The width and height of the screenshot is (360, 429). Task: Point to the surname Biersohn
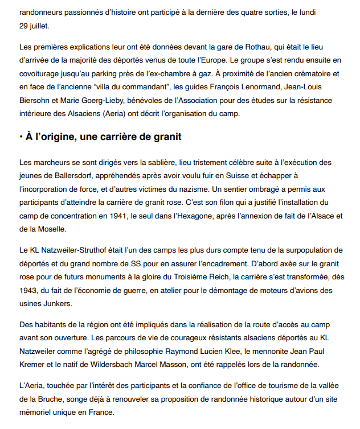pos(35,100)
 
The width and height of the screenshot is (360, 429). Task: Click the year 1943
pos(30,290)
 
